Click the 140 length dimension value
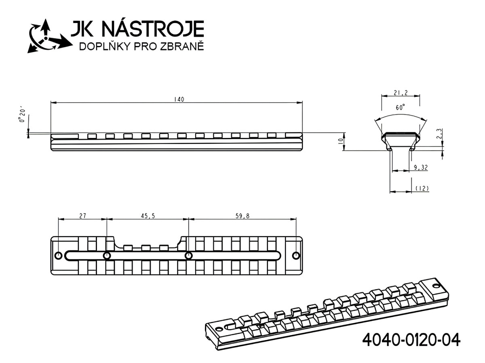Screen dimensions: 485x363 coord(179,99)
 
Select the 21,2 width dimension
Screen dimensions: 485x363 coord(401,93)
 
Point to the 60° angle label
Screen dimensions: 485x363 coord(401,108)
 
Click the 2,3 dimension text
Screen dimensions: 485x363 coord(439,134)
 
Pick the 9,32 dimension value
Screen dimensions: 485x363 coord(421,168)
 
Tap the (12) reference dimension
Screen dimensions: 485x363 coord(422,188)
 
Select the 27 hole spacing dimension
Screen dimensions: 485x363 coord(82,216)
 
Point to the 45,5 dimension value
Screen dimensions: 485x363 coord(148,216)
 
